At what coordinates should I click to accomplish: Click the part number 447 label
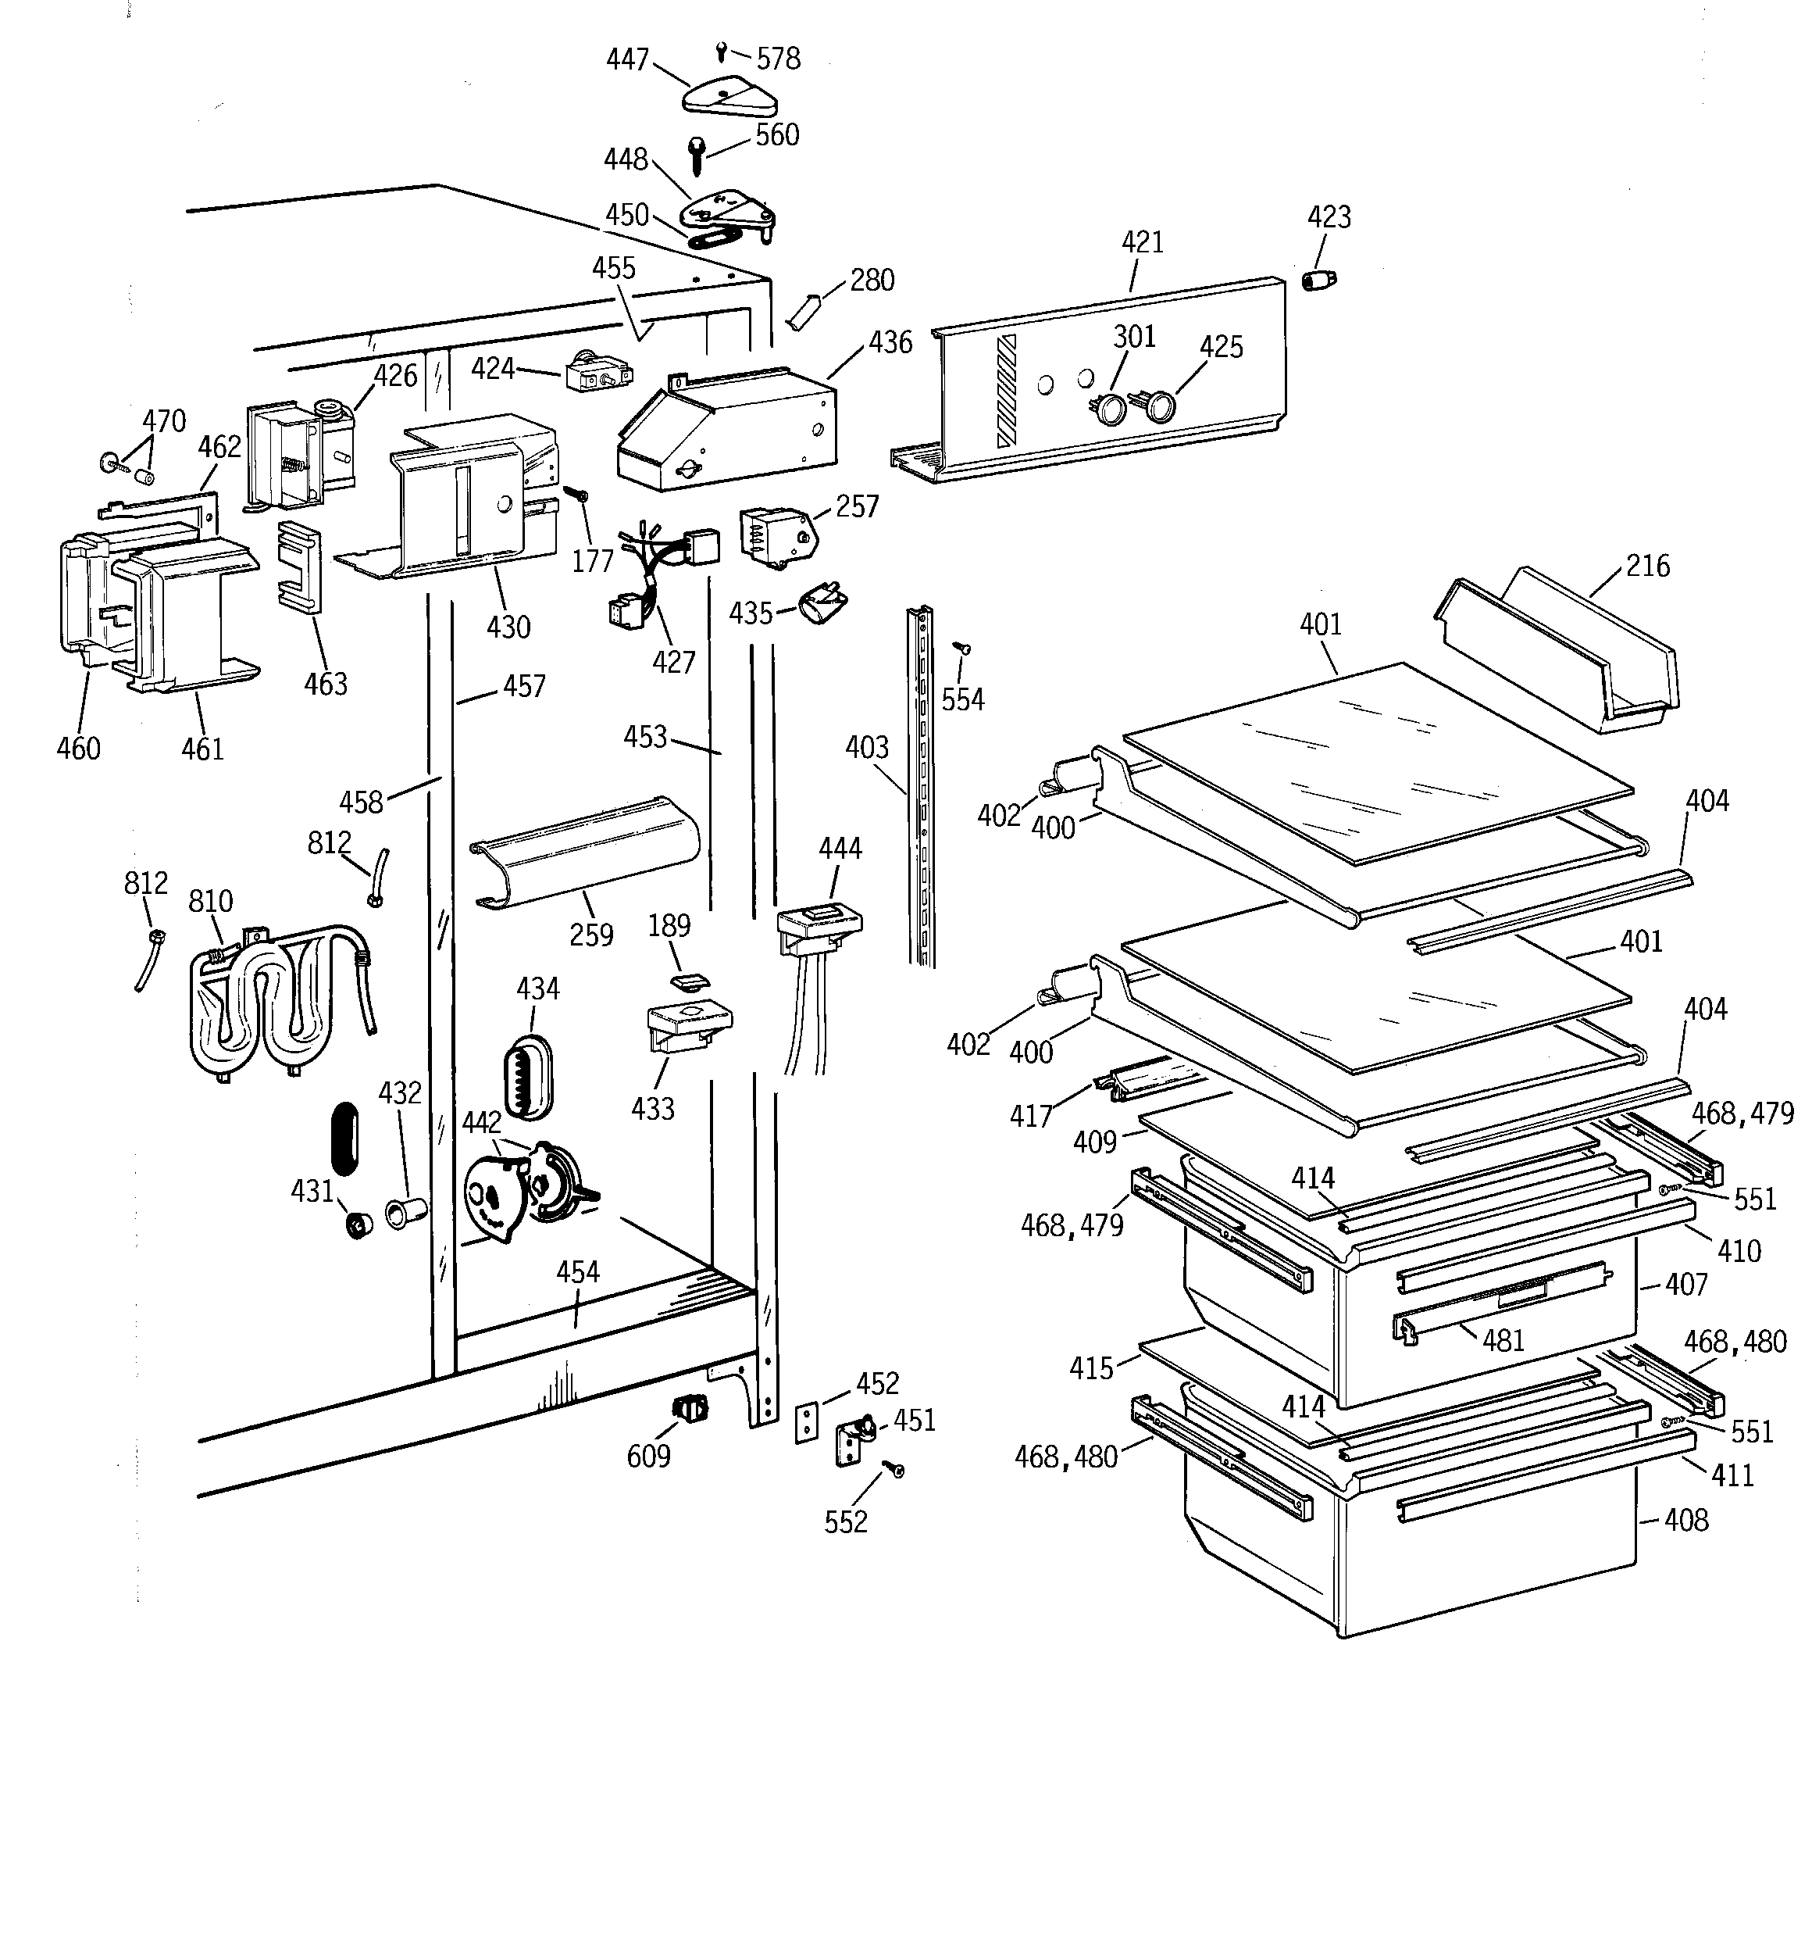tap(626, 60)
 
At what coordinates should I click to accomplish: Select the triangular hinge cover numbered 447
tap(729, 97)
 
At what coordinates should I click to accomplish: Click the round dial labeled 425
tap(1158, 406)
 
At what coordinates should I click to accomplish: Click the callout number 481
tap(1503, 1341)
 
